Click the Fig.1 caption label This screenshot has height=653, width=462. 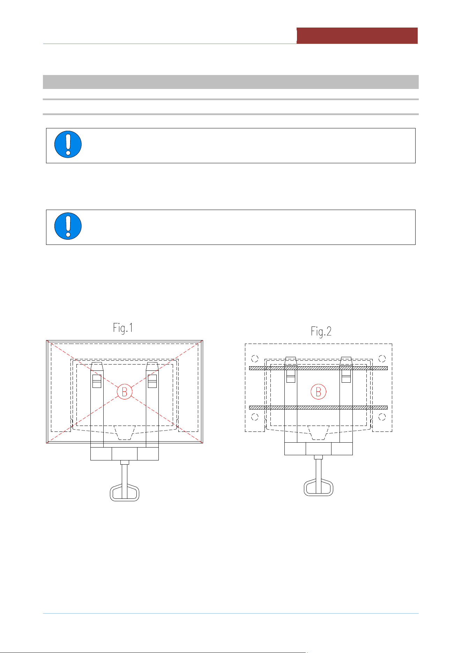123,328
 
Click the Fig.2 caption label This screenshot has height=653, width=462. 321,331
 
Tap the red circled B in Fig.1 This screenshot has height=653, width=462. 125,392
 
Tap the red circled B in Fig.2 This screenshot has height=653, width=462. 318,392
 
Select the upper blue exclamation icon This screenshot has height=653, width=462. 68,144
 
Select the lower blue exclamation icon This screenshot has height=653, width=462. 68,226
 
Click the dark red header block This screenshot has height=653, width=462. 357,36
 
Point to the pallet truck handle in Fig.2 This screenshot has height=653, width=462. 318,487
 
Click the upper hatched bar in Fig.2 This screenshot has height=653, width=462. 318,368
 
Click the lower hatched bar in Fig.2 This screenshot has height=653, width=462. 318,407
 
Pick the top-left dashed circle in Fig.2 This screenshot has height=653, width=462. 255,359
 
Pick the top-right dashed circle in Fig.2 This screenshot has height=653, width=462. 382,359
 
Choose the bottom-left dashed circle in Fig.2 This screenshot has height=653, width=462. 255,417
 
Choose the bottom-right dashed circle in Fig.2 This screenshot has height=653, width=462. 382,417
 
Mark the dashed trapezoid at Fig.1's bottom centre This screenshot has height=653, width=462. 125,433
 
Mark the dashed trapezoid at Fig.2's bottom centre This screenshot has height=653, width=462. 318,433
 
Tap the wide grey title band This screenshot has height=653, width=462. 231,82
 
